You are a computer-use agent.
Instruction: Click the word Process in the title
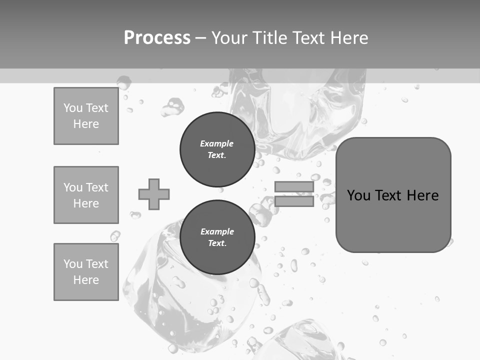pos(157,38)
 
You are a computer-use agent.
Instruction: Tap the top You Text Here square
pos(86,116)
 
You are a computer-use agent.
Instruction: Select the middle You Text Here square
pos(86,195)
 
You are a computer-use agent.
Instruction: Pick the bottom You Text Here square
pos(86,272)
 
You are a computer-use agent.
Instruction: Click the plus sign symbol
pos(154,194)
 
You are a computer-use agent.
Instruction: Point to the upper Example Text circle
pos(217,149)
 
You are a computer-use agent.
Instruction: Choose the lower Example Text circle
pos(217,237)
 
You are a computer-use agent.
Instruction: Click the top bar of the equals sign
pos(294,187)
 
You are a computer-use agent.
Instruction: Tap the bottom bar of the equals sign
pos(294,201)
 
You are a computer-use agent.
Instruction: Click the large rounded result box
pos(393,220)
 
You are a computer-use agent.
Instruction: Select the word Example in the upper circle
pos(217,143)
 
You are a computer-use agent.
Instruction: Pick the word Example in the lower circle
pos(217,231)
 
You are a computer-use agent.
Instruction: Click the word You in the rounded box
pos(358,195)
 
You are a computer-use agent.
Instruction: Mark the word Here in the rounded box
pos(422,195)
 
